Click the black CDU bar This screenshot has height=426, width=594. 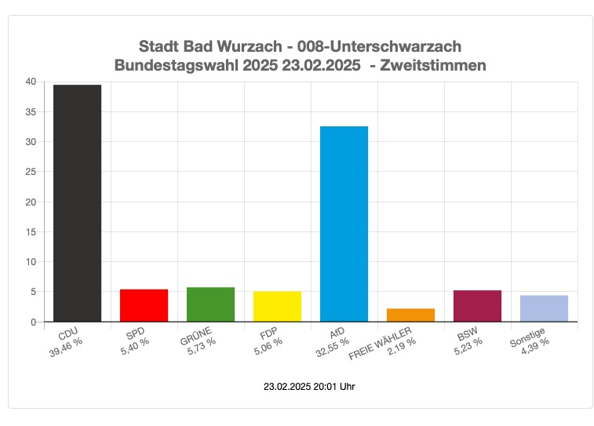(x=77, y=203)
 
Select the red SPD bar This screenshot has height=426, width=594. (x=144, y=305)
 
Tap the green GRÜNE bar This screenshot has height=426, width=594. (x=210, y=304)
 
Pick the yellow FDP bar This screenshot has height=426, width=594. (x=277, y=306)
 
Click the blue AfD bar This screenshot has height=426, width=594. (x=344, y=224)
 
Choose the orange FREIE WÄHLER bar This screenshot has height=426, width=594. (x=410, y=315)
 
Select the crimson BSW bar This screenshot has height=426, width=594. (x=477, y=306)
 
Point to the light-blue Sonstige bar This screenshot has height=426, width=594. (x=544, y=308)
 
